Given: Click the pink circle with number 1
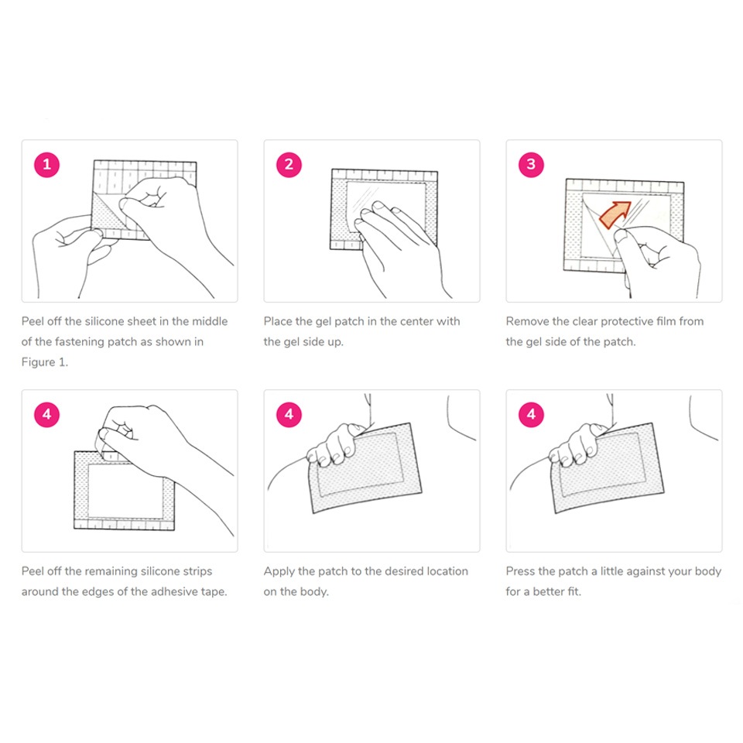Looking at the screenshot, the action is pos(47,164).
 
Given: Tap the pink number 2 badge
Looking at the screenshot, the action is pos(289,164).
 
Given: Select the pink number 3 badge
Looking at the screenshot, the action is pos(531,164).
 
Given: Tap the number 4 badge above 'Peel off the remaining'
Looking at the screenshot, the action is pos(47,414).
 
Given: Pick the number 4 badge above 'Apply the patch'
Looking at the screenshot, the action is pos(289,414).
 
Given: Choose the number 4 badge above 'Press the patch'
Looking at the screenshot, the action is pos(531,414).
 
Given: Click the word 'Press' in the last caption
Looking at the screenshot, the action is pos(520,571).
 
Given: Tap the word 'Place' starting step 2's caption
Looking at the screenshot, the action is pos(278,321).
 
